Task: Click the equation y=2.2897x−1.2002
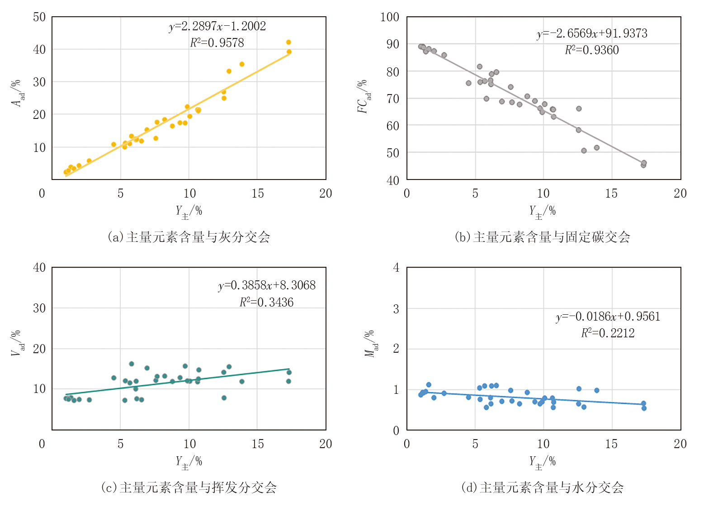(x=217, y=26)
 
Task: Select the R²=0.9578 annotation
(x=217, y=43)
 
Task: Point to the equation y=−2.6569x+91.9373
(x=592, y=33)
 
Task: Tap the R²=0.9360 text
(x=592, y=50)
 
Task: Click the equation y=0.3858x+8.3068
(x=267, y=285)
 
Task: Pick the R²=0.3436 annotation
(x=267, y=302)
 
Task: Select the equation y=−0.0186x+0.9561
(x=608, y=317)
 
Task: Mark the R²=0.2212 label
(x=608, y=333)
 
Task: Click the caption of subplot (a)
(x=189, y=237)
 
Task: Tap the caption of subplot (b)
(x=543, y=237)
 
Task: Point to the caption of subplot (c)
(x=189, y=487)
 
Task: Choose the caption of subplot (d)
(x=543, y=487)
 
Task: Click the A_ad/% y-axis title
(x=17, y=93)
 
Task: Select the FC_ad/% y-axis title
(x=364, y=96)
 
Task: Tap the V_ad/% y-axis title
(x=17, y=344)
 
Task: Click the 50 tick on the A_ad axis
(x=39, y=17)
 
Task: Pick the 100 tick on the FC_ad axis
(x=390, y=17)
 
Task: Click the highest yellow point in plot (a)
(x=288, y=42)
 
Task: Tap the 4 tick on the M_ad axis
(x=396, y=268)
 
